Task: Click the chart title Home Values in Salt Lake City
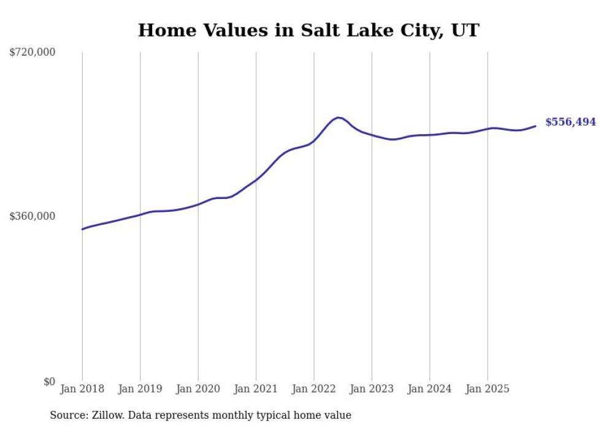point(308,30)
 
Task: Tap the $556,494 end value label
point(570,122)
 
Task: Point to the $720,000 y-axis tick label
point(33,53)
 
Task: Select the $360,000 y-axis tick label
point(33,216)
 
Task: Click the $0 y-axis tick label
point(49,381)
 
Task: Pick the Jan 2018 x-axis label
point(82,389)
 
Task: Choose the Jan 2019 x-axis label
point(140,389)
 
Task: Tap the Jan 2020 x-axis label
point(198,389)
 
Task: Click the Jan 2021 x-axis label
point(256,389)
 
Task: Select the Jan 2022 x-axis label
point(314,389)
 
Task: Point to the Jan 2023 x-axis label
point(372,389)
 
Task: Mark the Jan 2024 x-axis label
point(429,389)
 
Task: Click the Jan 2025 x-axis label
point(488,389)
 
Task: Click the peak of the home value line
point(338,117)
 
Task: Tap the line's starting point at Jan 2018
point(82,229)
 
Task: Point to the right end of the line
point(535,126)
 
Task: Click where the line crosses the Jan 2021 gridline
point(256,179)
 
